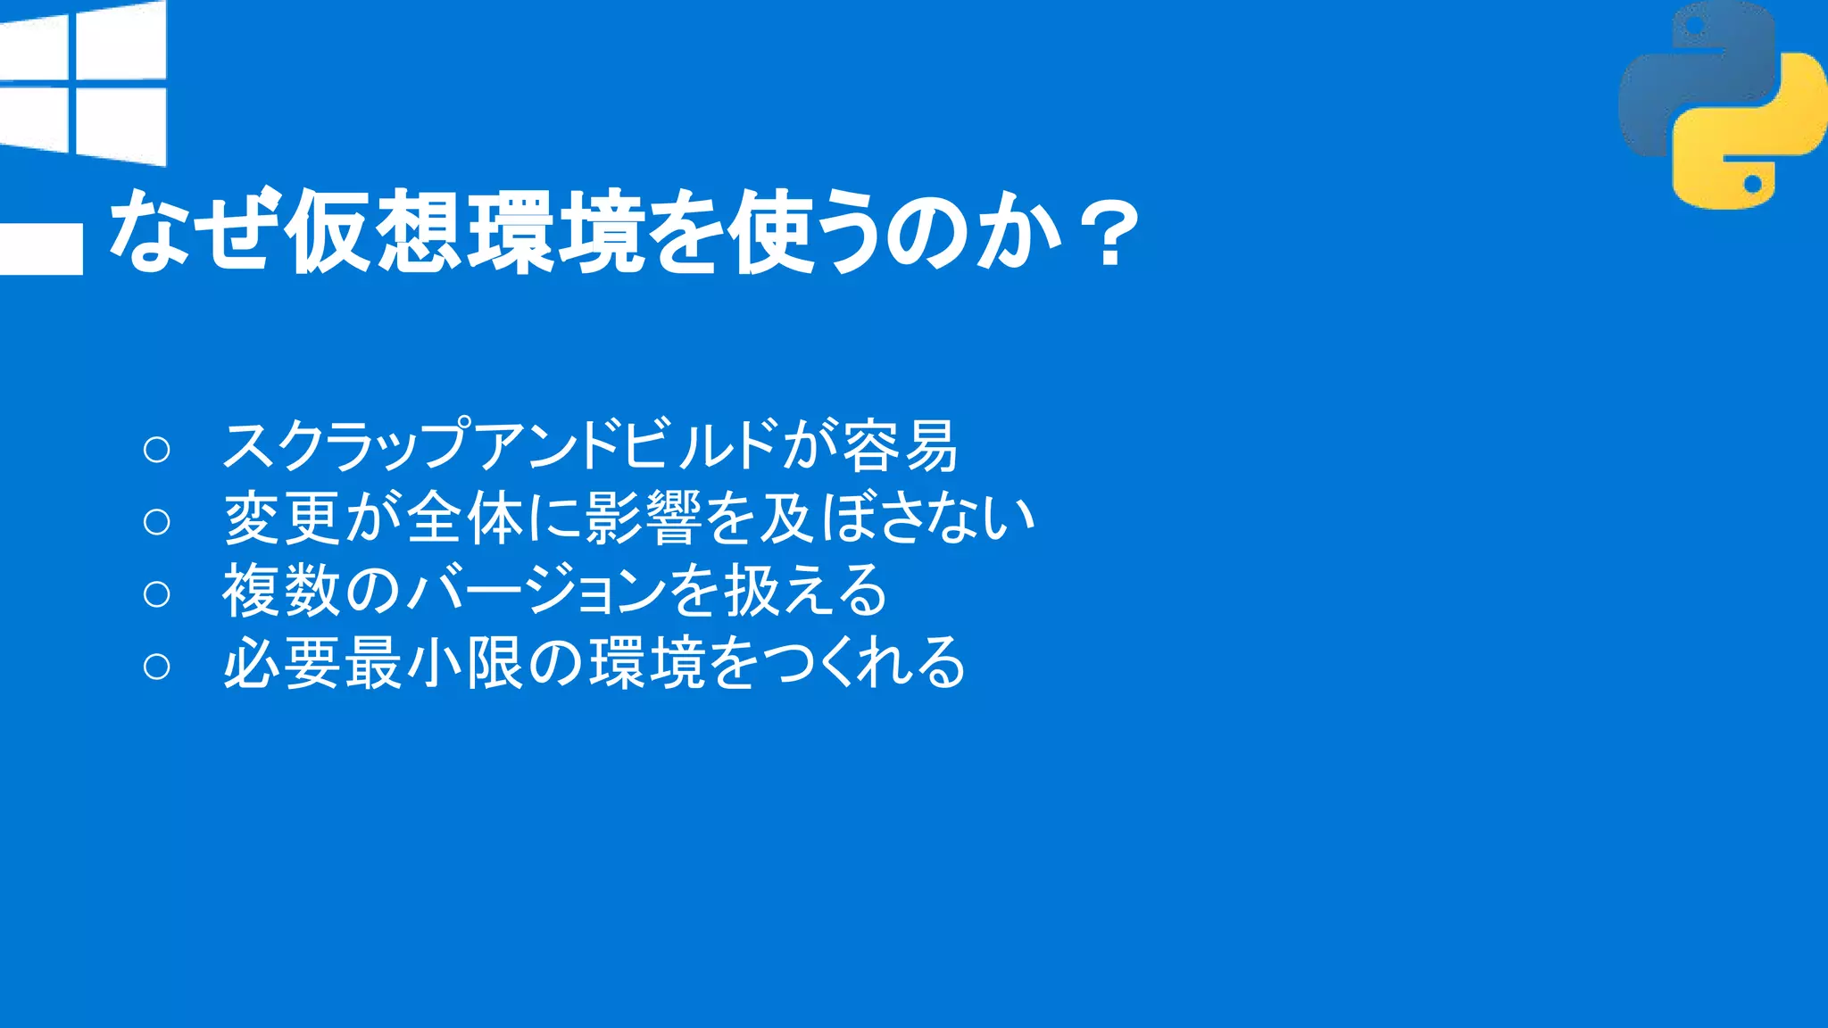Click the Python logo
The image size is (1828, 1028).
[1722, 105]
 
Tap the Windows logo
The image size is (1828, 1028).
[83, 83]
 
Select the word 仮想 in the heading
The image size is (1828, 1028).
[374, 231]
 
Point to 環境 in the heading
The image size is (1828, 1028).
[556, 231]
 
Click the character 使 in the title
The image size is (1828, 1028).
[770, 231]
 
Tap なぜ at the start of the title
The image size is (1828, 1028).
[189, 229]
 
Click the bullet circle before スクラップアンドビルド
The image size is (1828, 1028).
[156, 449]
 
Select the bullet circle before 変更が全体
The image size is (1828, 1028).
[156, 521]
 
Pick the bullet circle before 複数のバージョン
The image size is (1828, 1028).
[156, 593]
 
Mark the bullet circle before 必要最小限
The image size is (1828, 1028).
[156, 666]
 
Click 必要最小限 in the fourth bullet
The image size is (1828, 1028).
[373, 663]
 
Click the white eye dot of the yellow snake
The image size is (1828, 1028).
[1751, 184]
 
